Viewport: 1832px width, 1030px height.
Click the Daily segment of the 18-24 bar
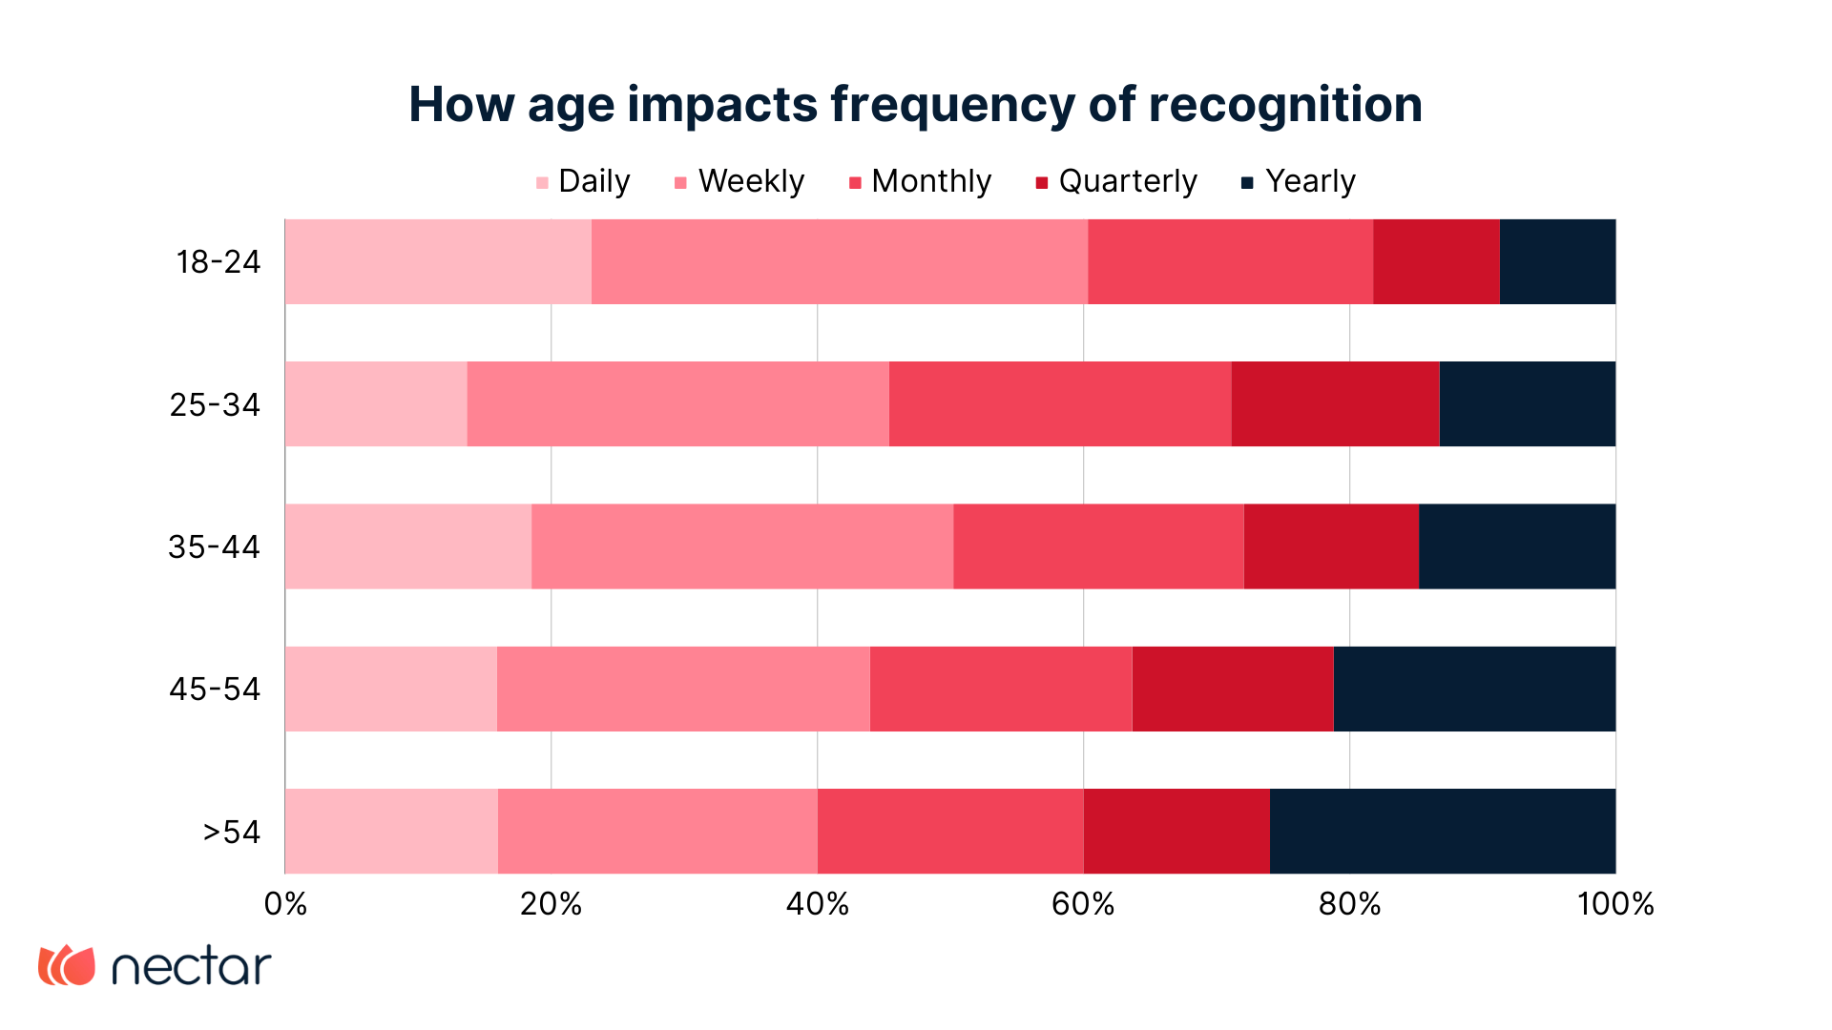coord(438,261)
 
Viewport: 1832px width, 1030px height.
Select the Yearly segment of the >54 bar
coord(1443,831)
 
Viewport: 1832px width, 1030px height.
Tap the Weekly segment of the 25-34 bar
coord(677,403)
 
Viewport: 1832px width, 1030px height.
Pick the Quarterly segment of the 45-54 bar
coord(1232,689)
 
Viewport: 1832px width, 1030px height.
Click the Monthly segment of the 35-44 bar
coord(1098,546)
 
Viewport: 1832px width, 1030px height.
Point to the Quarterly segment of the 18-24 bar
coord(1436,261)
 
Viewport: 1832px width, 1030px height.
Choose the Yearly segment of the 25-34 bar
coord(1527,403)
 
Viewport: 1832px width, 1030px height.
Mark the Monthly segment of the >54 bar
coord(950,831)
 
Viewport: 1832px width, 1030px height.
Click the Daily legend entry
coord(583,181)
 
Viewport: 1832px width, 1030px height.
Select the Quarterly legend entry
coord(1116,181)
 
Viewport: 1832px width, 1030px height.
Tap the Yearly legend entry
coord(1298,181)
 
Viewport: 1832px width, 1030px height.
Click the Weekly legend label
coord(751,181)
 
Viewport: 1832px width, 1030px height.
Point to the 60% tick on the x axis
coord(1083,904)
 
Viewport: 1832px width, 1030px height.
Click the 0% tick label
coord(285,904)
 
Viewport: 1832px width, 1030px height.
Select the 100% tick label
coord(1614,904)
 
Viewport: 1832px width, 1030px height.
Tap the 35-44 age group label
coord(214,546)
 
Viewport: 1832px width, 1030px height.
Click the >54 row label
coord(231,832)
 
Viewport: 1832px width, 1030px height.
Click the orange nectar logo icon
coord(67,965)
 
